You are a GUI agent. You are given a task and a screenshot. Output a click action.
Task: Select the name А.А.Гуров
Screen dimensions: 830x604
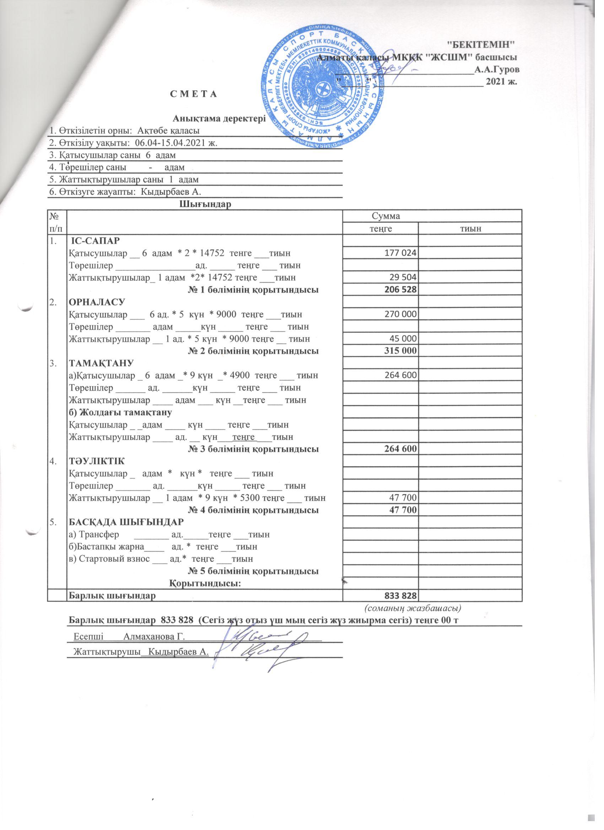[x=496, y=69]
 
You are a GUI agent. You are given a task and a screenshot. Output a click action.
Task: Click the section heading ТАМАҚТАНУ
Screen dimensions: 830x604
[x=101, y=363]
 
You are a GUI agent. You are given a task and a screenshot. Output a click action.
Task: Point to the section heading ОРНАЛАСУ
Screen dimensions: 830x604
[x=97, y=302]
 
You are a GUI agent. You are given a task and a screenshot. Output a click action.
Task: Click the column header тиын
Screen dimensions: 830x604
[x=470, y=229]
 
